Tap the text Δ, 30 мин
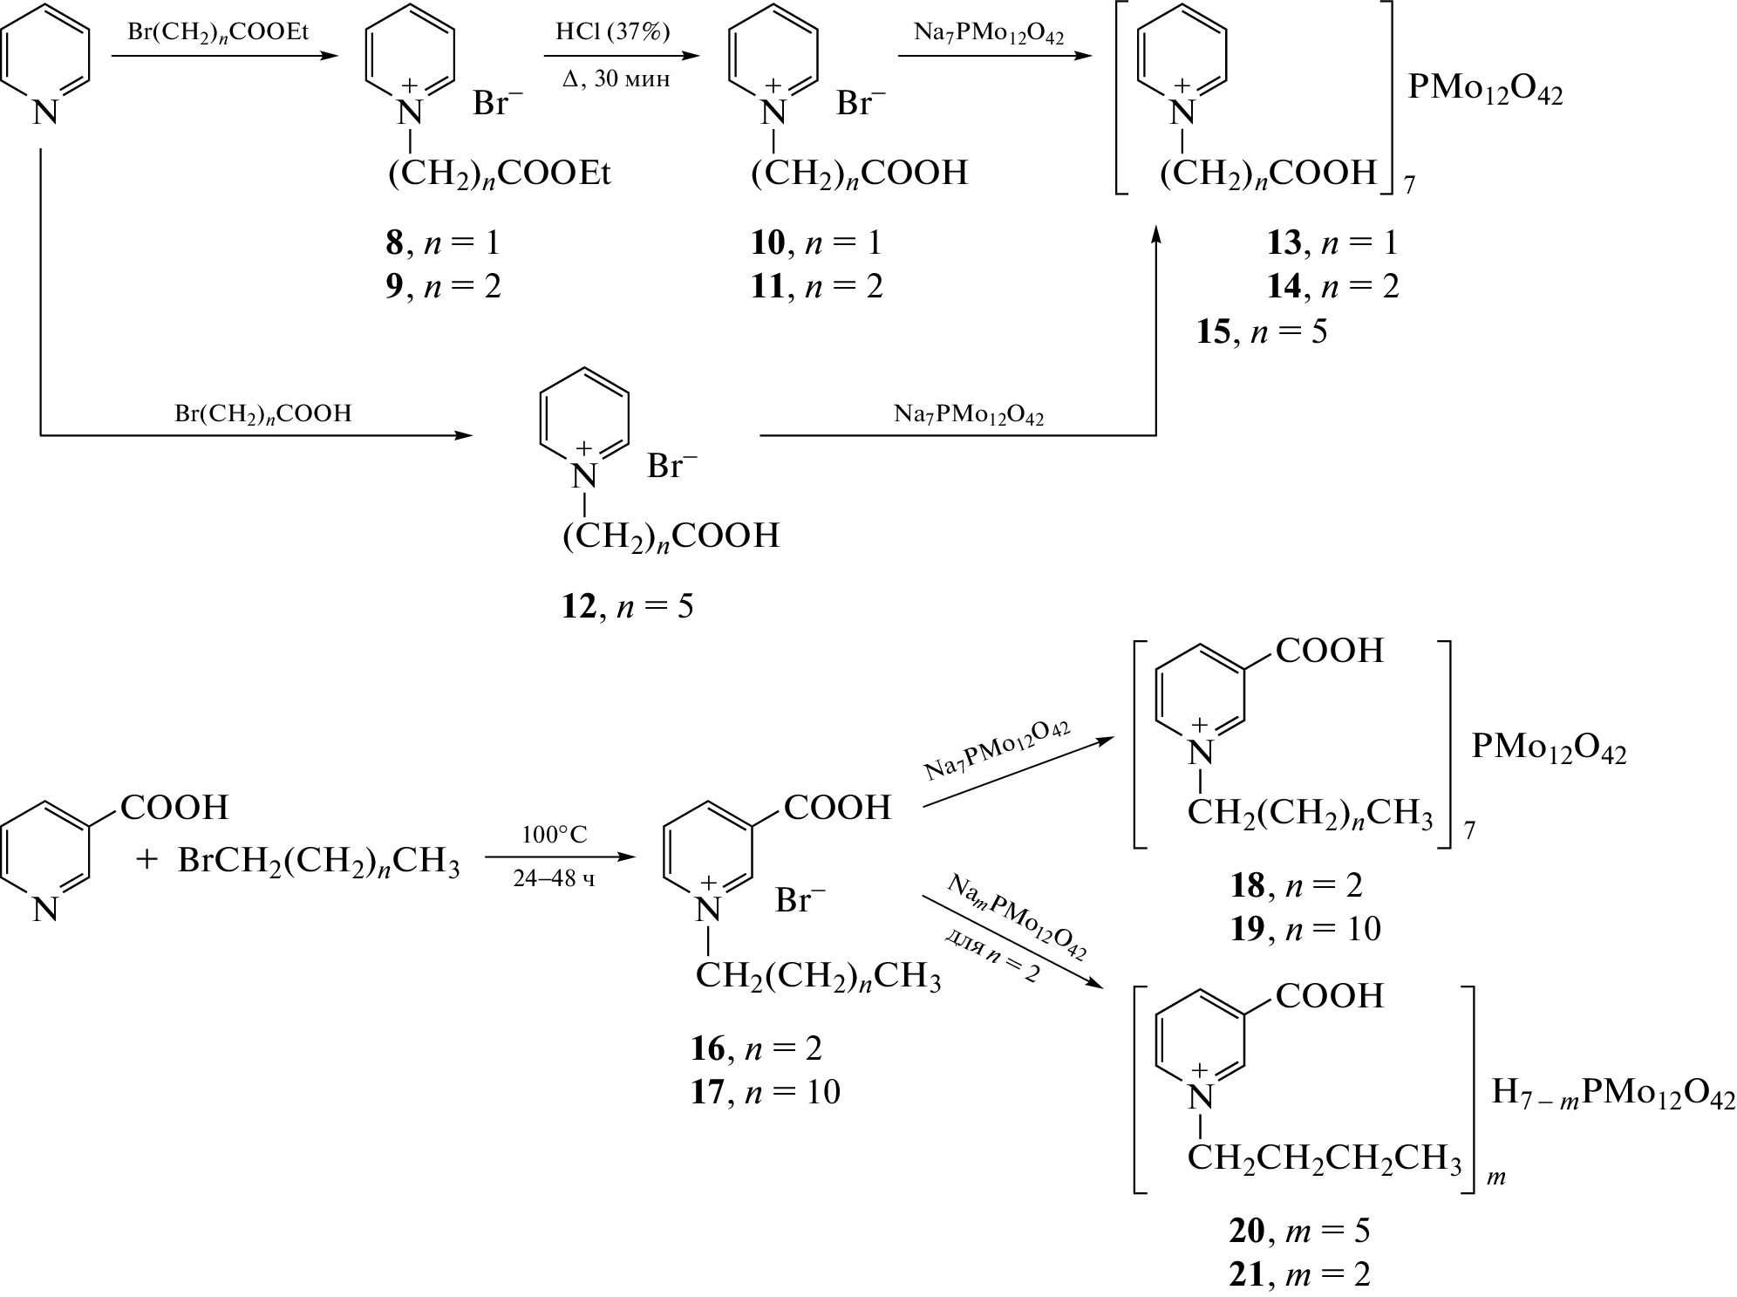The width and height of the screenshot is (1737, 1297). click(x=616, y=80)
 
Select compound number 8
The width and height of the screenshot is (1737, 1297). click(x=395, y=243)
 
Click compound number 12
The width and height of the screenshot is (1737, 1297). click(x=578, y=606)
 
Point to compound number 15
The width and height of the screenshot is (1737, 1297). click(x=1213, y=332)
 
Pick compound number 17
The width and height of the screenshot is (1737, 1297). click(x=707, y=1093)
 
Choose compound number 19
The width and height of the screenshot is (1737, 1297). click(x=1247, y=930)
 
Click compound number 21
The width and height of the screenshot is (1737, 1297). click(x=1246, y=1275)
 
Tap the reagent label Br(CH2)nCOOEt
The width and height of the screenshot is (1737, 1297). click(x=218, y=34)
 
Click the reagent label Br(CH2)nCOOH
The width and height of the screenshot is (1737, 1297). click(x=262, y=413)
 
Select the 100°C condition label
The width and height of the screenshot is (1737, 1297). click(x=555, y=835)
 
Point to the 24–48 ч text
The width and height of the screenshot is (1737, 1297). click(x=555, y=879)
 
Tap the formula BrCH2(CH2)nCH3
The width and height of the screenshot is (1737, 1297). click(x=318, y=863)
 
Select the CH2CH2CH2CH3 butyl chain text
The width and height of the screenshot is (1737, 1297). click(x=1324, y=1159)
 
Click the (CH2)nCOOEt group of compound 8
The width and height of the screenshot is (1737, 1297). click(x=500, y=174)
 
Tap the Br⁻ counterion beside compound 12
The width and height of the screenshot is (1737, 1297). click(x=672, y=467)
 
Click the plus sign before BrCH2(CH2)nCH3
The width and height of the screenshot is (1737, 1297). click(x=146, y=861)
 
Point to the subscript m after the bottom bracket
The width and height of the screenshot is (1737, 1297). click(x=1496, y=1178)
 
